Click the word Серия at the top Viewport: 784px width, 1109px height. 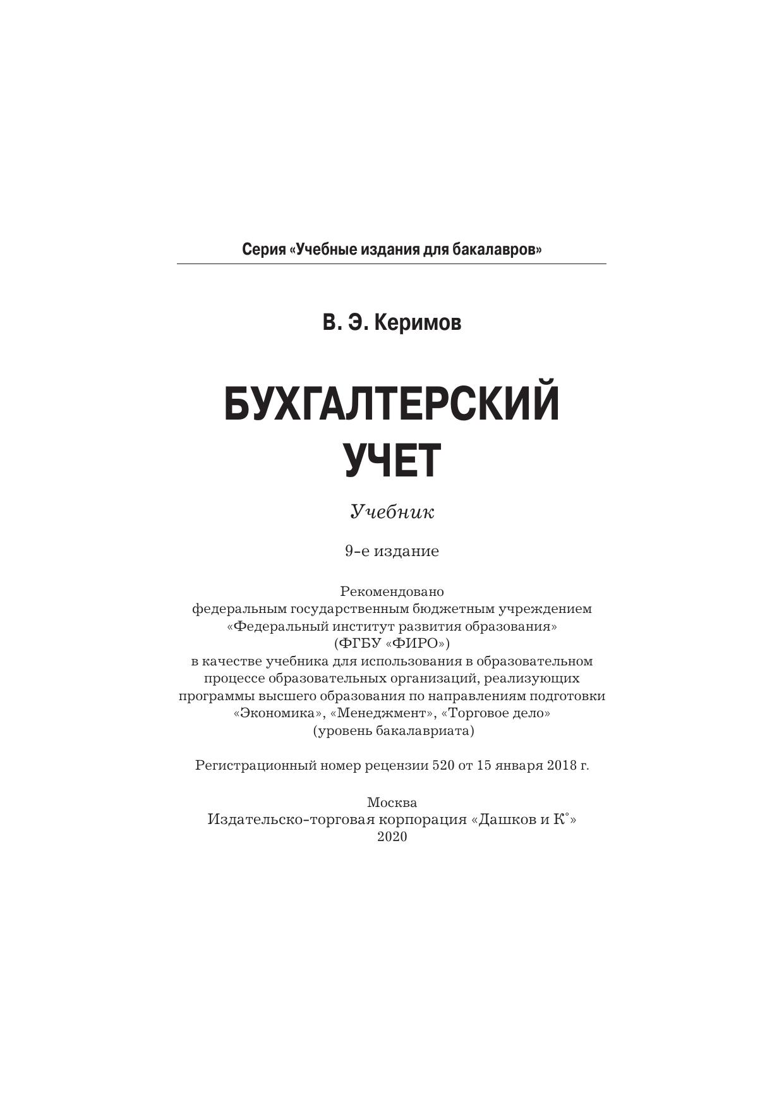263,250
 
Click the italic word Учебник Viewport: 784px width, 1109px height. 392,511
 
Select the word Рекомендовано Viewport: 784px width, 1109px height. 392,591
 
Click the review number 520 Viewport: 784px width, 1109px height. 443,765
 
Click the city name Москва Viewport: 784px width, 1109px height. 392,803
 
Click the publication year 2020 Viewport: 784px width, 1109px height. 392,837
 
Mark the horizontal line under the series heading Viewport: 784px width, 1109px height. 392,264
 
